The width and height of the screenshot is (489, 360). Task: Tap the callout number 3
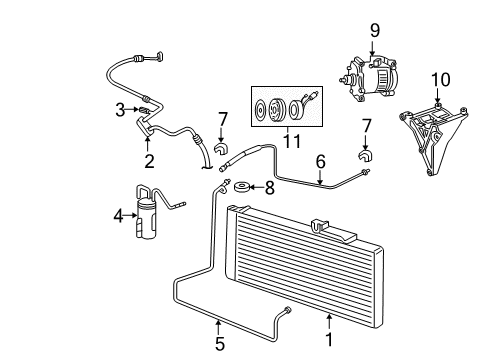pos(118,109)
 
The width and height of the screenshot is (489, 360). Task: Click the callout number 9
pos(374,30)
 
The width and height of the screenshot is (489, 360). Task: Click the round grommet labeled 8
pos(240,187)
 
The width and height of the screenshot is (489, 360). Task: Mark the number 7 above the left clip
pos(223,119)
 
